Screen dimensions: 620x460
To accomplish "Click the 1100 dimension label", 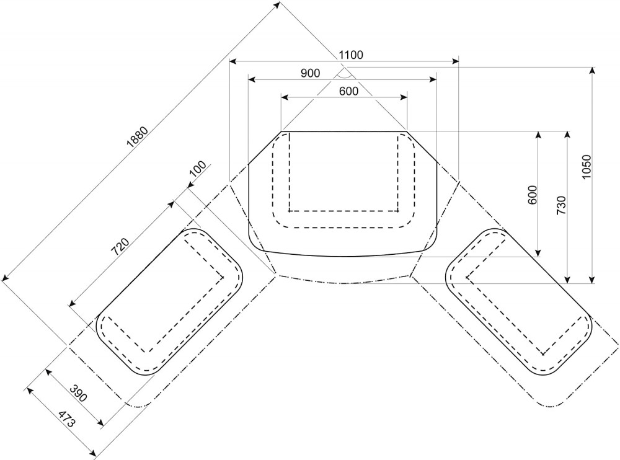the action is [351, 55].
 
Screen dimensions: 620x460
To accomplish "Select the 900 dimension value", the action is [310, 73].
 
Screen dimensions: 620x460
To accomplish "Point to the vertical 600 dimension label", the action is [533, 195].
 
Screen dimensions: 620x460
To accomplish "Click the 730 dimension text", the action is [561, 205].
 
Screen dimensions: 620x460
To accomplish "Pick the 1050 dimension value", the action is [586, 167].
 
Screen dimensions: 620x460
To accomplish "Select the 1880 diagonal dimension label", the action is [137, 137].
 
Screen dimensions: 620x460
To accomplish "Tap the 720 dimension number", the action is [120, 247].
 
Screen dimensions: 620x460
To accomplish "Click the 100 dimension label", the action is [198, 169].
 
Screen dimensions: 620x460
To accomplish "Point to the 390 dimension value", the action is [78, 393].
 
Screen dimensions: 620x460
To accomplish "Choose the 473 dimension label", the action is [66, 419].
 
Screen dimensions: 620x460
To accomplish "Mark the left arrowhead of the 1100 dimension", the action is [233, 61].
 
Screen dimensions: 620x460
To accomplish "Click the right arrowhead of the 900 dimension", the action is [433, 79].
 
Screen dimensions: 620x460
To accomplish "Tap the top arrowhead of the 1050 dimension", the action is [592, 71].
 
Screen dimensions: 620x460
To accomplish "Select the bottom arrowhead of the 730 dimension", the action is [567, 280].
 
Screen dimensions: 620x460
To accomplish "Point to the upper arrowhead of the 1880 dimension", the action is [277, 5].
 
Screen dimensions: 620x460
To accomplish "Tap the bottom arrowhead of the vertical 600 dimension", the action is [538, 253].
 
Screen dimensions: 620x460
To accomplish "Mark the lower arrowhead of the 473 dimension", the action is [94, 452].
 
